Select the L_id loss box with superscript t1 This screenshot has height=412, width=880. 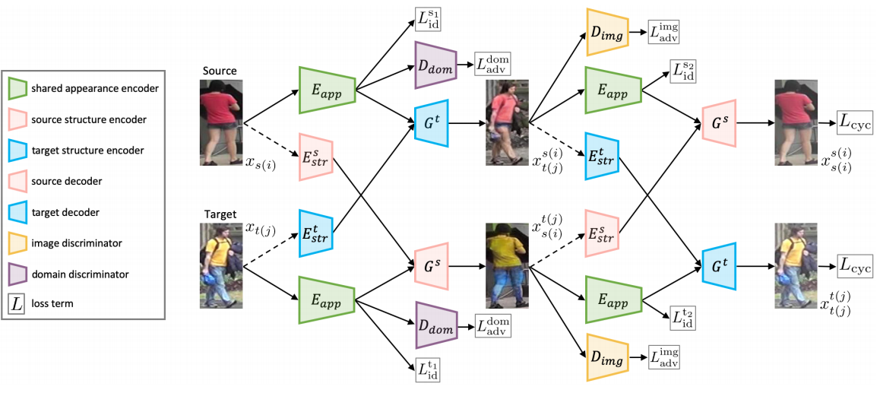428,370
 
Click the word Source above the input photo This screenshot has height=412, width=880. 220,71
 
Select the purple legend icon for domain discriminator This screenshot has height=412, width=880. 18,274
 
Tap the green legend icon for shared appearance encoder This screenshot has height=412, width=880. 18,88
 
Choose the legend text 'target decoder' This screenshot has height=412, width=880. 61,212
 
